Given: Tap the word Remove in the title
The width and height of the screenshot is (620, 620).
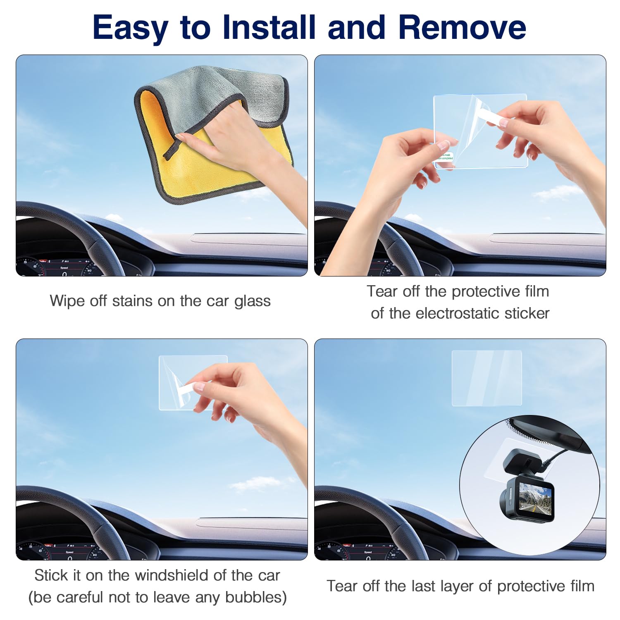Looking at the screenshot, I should coord(462,27).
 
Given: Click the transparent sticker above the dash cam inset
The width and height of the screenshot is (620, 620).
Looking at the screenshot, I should coord(486,378).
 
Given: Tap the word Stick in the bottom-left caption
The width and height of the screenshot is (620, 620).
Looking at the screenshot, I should coord(51,575).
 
